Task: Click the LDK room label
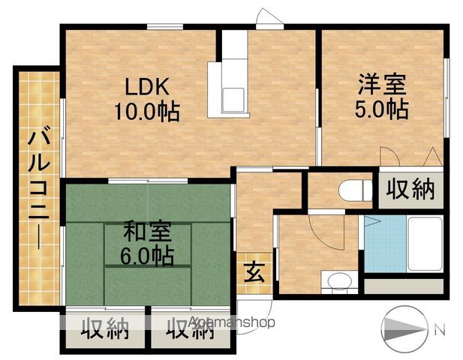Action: pyautogui.click(x=147, y=86)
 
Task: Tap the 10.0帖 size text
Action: pyautogui.click(x=147, y=111)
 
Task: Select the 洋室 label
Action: pyautogui.click(x=382, y=84)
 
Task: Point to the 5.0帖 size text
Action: pyautogui.click(x=382, y=109)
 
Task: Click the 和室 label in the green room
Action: pyautogui.click(x=147, y=230)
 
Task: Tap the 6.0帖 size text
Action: pyautogui.click(x=147, y=256)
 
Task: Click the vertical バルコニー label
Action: pyautogui.click(x=39, y=191)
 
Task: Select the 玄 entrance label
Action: pyautogui.click(x=254, y=274)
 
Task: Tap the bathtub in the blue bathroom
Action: pyautogui.click(x=425, y=244)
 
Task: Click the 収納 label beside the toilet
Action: pyautogui.click(x=410, y=189)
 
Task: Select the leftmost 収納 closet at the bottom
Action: pyautogui.click(x=105, y=328)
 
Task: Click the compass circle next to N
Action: pyautogui.click(x=404, y=328)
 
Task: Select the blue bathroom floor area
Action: pyautogui.click(x=385, y=244)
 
